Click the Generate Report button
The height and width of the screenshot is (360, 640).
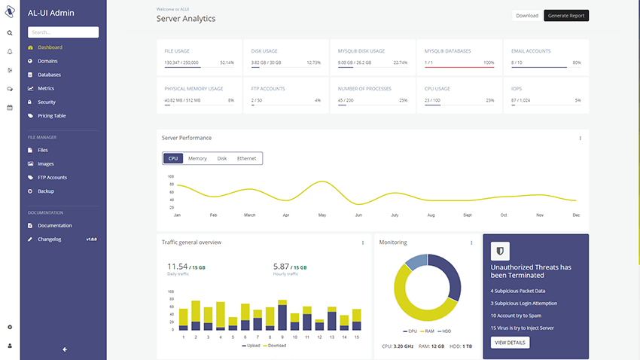pos(566,15)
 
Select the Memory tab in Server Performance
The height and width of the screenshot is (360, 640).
pos(197,158)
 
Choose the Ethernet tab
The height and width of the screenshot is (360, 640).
pos(246,158)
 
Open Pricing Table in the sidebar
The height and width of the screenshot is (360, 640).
pos(51,115)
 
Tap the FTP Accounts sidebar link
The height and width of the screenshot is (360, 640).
pos(52,177)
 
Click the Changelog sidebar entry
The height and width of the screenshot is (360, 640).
pos(49,239)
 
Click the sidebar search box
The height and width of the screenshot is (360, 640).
pos(63,32)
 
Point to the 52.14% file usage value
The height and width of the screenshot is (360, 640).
pos(227,63)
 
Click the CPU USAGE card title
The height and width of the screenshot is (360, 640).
pos(437,89)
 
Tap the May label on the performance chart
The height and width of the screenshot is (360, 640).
pos(322,215)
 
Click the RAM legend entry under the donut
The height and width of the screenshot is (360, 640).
pos(428,331)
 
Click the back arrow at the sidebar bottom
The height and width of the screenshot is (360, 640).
pos(65,349)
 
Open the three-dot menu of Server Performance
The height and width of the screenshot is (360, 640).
pos(580,138)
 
